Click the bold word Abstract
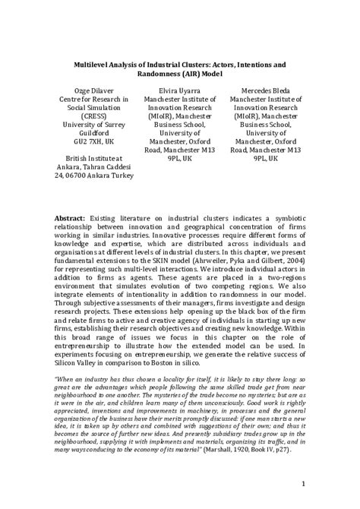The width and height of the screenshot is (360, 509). point(70,219)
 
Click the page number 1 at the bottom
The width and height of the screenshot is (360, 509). point(302,484)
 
